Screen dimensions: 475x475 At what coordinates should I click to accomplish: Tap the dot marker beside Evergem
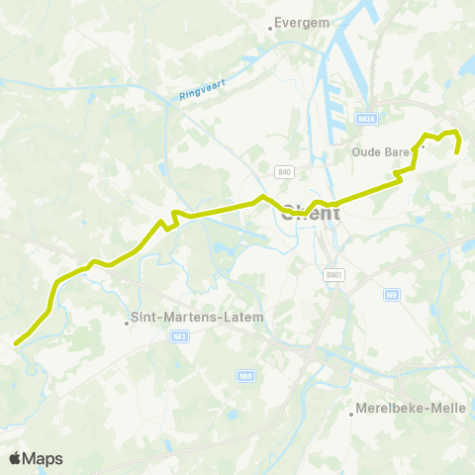coord(271,30)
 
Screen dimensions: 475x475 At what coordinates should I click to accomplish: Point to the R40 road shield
coord(285,172)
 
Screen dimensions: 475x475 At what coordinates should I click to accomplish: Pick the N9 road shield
coord(392,295)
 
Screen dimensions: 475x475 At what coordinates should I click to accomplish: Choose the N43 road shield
coord(179,335)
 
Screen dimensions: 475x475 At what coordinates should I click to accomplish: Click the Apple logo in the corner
coord(15,458)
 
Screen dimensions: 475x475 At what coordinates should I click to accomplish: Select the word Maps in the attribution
coord(43,459)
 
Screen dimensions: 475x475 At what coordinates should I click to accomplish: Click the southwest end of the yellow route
coord(16,343)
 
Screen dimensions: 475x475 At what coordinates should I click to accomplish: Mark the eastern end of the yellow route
coord(456,151)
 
